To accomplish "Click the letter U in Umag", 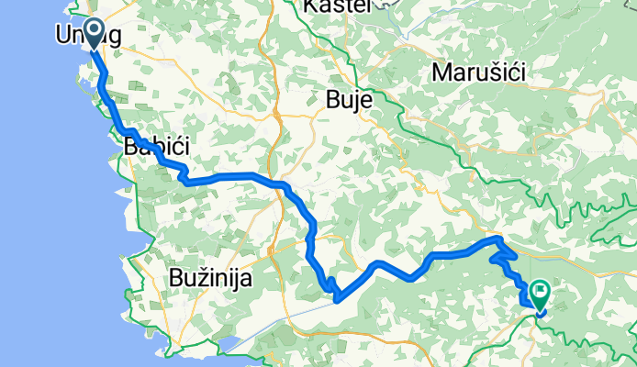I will click(x=63, y=34).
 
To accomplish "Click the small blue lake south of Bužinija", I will click(x=228, y=347).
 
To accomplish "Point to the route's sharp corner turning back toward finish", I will click(x=500, y=239).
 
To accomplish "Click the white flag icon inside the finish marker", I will click(x=541, y=293).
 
